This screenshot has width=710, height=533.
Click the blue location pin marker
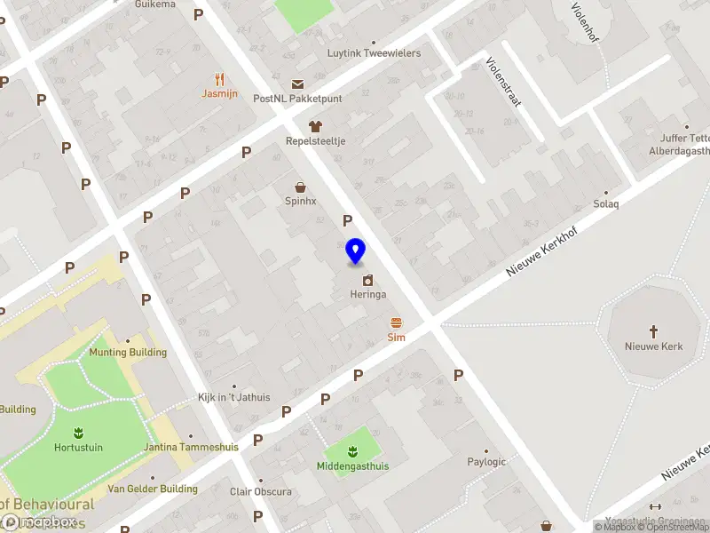click(x=355, y=251)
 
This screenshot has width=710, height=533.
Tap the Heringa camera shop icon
click(x=367, y=280)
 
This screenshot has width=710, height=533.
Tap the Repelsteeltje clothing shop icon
click(x=314, y=126)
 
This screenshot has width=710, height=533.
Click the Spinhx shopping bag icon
click(x=301, y=187)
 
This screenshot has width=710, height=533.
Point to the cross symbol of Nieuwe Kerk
click(x=654, y=331)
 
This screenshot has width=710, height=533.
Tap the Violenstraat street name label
click(x=503, y=83)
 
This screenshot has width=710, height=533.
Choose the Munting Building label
click(x=128, y=353)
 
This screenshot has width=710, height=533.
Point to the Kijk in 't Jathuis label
click(x=234, y=398)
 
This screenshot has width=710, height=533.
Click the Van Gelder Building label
click(x=153, y=489)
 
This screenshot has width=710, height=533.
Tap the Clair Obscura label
click(x=261, y=492)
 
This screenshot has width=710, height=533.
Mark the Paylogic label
click(x=486, y=462)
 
